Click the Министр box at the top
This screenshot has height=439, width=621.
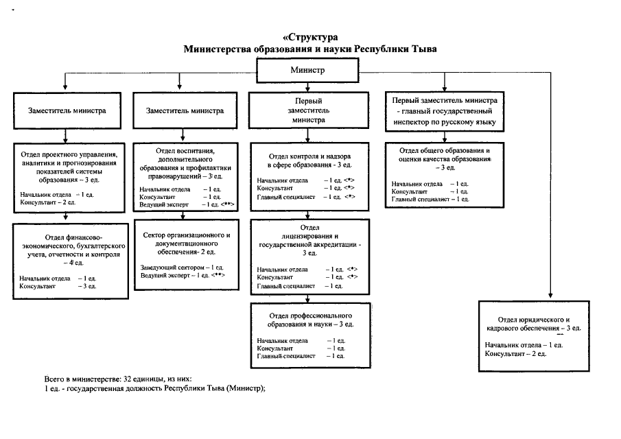(307, 71)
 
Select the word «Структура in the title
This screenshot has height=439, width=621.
(310, 37)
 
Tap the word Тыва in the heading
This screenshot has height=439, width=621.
(424, 49)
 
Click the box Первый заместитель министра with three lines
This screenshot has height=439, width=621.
(309, 110)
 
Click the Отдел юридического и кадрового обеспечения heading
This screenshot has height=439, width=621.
(533, 324)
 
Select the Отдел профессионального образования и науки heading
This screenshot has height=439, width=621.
(310, 320)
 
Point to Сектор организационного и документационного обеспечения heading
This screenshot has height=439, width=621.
(187, 244)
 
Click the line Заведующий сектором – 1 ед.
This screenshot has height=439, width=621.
(182, 268)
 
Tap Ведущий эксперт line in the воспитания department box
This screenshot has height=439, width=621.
(187, 204)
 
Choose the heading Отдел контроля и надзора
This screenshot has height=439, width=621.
(309, 161)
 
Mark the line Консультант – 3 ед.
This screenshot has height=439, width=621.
(58, 286)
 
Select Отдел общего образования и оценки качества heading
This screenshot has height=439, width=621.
(445, 158)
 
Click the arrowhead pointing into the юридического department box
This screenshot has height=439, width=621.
(550, 296)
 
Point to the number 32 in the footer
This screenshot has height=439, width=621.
(127, 379)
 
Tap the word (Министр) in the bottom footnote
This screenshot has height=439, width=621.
(246, 388)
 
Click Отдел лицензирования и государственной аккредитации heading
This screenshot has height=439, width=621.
(309, 240)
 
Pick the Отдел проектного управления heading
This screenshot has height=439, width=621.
(69, 167)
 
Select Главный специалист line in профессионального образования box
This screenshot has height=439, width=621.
(301, 356)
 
